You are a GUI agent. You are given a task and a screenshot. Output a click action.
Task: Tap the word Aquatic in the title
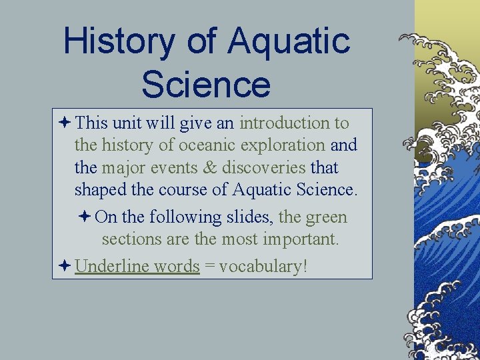click(289, 41)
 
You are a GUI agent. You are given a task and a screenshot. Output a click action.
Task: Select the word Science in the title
click(206, 85)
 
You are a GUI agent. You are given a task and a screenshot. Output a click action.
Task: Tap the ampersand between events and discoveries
click(210, 168)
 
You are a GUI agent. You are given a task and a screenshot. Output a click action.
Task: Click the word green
click(326, 217)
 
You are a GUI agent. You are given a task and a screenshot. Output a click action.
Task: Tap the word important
click(303, 239)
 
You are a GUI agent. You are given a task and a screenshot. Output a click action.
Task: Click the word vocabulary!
click(263, 267)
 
